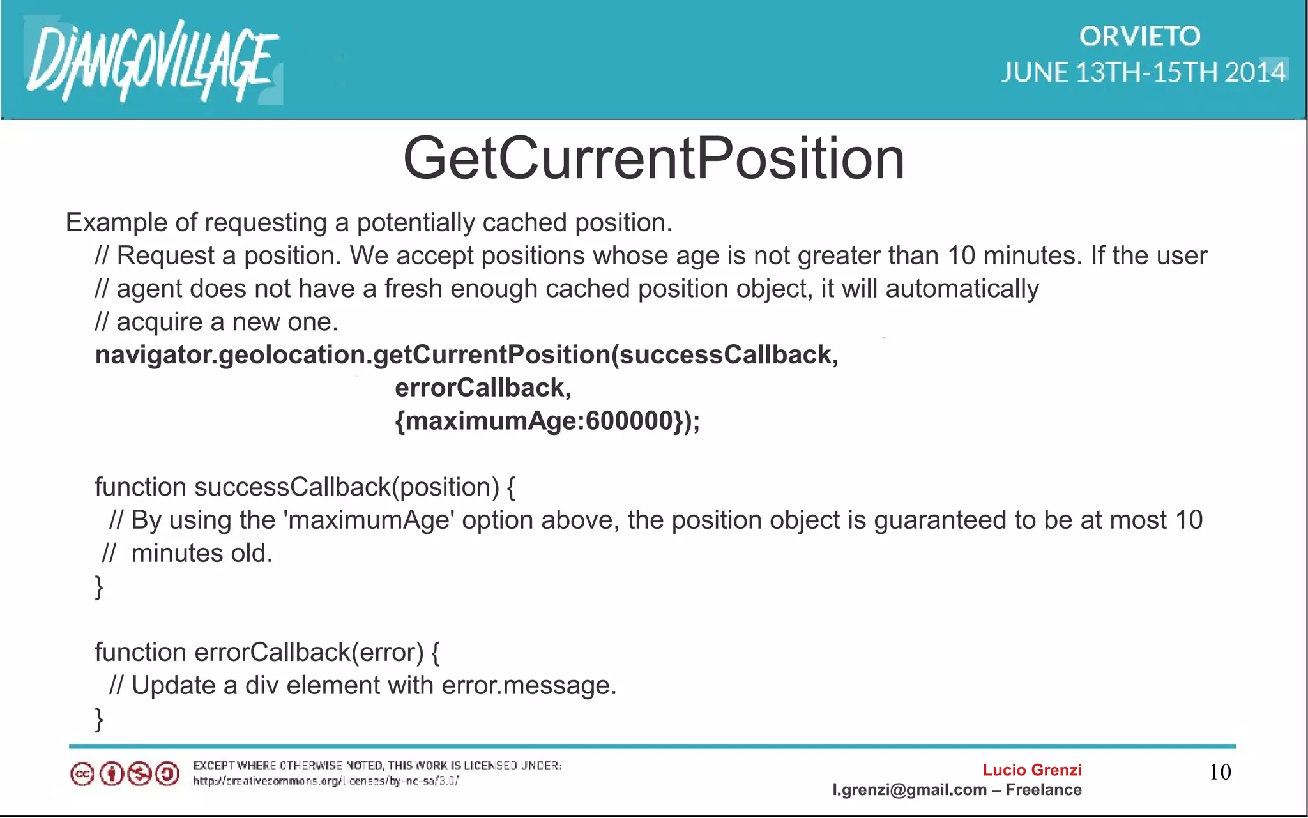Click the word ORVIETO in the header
click(x=1140, y=36)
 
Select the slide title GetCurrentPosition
click(x=653, y=158)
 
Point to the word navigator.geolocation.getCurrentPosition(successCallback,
click(x=466, y=355)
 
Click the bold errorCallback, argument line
click(x=483, y=388)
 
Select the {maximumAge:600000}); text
click(x=547, y=421)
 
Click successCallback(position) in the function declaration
click(x=347, y=487)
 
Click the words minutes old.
click(x=202, y=554)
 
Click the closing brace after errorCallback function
click(x=99, y=719)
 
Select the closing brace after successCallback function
click(x=99, y=586)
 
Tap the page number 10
click(x=1220, y=772)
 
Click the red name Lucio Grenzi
click(x=1031, y=770)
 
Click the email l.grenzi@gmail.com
click(x=909, y=790)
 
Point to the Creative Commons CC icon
click(x=82, y=775)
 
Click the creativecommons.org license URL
click(x=326, y=781)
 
